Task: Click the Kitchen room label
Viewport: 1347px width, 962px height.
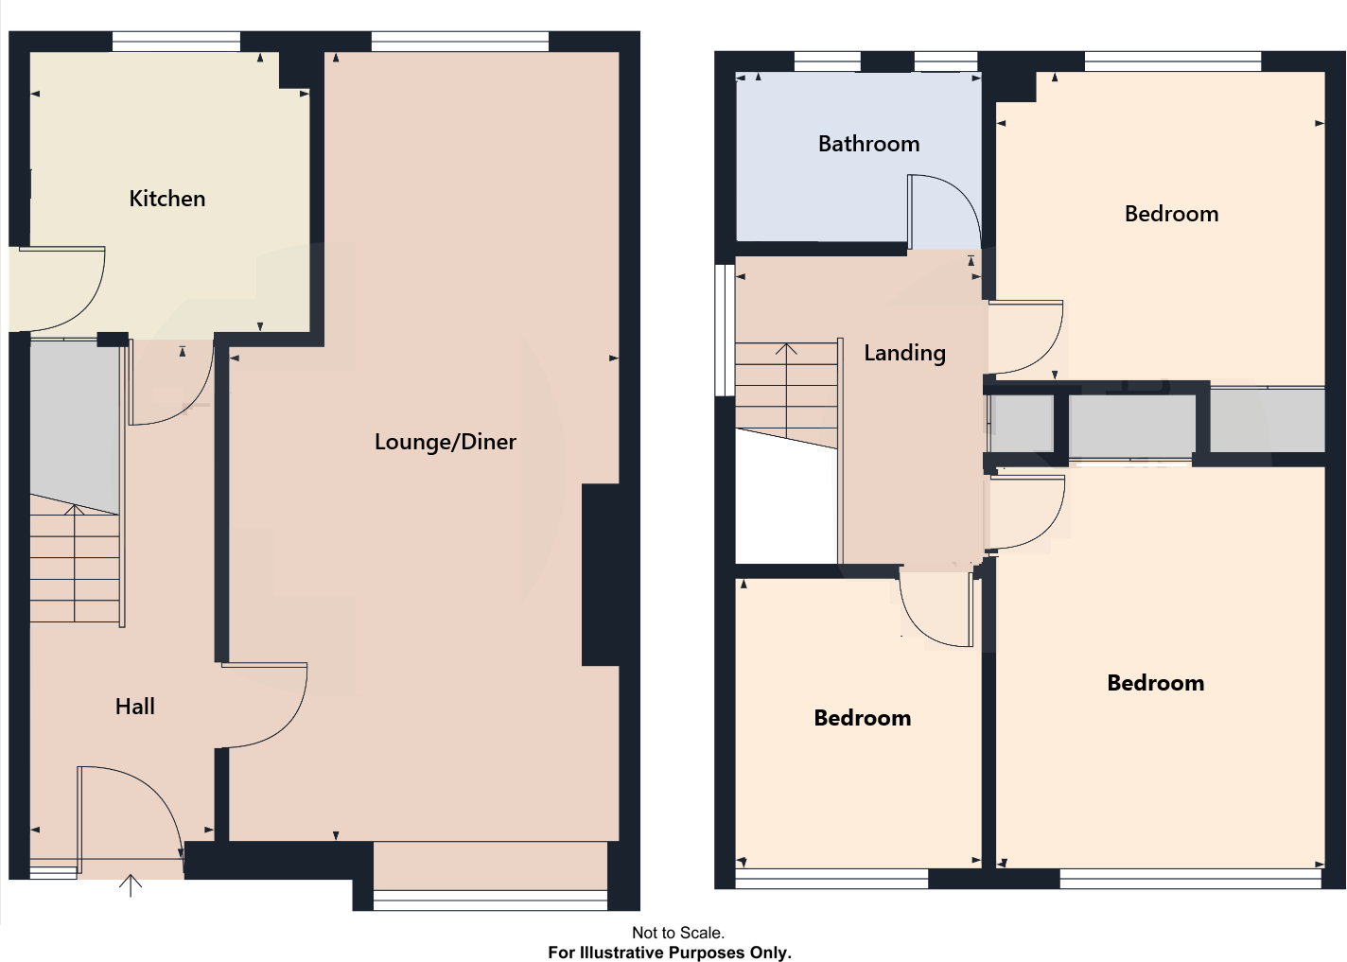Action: [167, 199]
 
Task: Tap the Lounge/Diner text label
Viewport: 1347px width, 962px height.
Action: [445, 442]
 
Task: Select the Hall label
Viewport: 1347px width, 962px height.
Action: [134, 707]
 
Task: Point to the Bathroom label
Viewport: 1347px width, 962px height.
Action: [868, 144]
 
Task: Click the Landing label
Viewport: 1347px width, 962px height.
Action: [904, 353]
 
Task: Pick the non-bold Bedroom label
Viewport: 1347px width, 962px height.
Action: [1171, 214]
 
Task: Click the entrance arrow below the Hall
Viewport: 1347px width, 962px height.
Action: [131, 886]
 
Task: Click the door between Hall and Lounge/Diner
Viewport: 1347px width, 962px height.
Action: [270, 705]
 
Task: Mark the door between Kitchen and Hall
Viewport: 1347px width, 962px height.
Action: [170, 388]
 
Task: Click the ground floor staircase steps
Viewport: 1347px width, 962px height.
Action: [75, 568]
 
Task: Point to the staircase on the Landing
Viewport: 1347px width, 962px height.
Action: [787, 393]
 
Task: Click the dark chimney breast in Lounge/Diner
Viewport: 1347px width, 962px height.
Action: [601, 575]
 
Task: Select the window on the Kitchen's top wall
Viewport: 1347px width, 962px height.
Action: [176, 41]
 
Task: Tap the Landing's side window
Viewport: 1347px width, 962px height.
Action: [725, 329]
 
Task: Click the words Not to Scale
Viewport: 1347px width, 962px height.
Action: [677, 933]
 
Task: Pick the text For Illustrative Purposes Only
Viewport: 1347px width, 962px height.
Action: [670, 953]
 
